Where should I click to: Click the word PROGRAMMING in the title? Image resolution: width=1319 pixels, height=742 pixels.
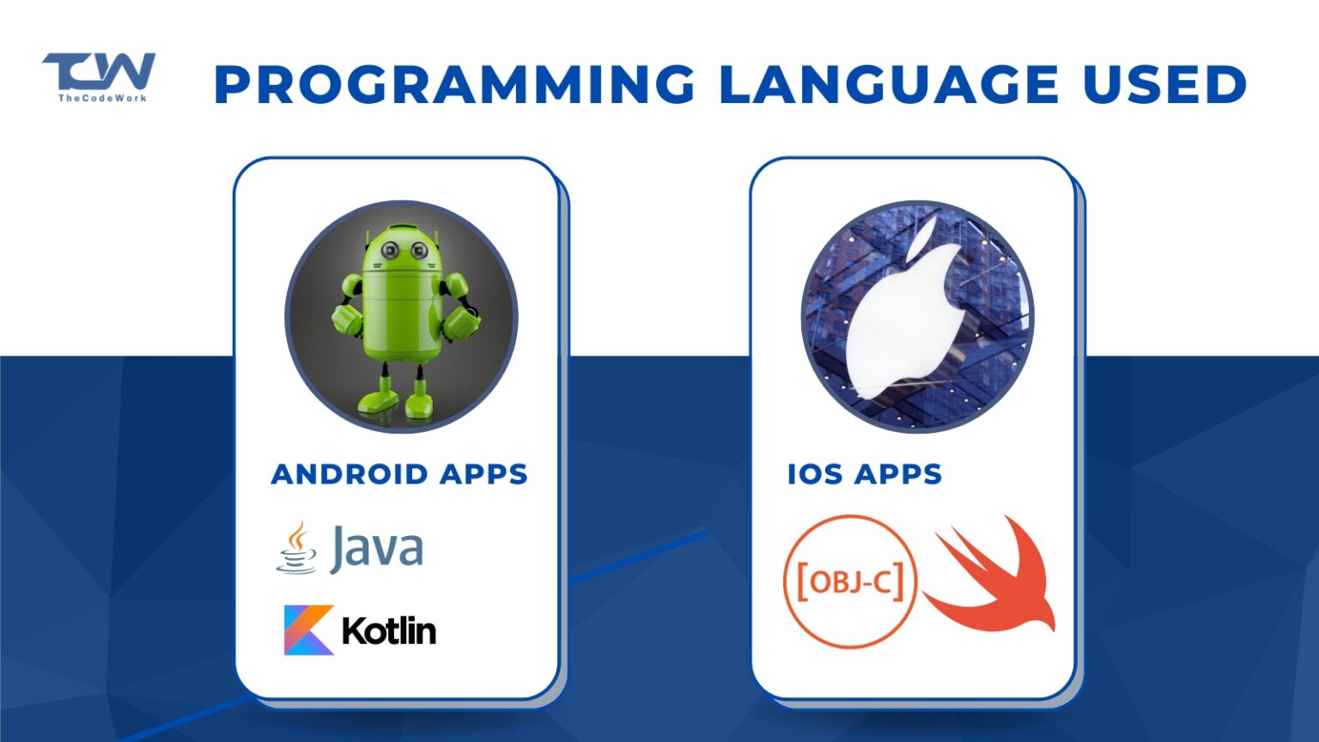tap(454, 84)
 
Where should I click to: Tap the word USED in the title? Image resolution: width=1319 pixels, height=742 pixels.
tap(1164, 84)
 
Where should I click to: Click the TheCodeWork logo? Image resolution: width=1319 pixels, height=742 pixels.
tap(99, 73)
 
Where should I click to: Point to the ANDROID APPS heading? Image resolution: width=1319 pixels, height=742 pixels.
tap(399, 474)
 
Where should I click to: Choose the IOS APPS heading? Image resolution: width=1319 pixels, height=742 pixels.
tap(865, 474)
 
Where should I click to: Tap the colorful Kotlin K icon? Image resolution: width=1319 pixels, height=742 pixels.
tap(308, 630)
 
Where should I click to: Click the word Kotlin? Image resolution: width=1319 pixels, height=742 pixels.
tap(389, 631)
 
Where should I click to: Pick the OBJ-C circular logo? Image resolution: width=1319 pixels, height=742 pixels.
tap(851, 581)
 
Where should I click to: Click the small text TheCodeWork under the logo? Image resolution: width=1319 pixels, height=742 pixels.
tap(102, 98)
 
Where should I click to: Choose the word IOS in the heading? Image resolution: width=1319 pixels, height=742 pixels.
tap(815, 474)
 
